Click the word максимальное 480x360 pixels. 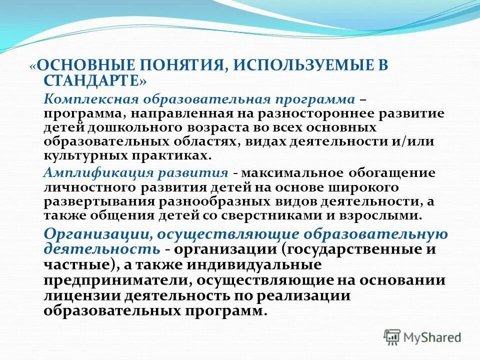[292, 173]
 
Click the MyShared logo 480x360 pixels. [422, 337]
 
